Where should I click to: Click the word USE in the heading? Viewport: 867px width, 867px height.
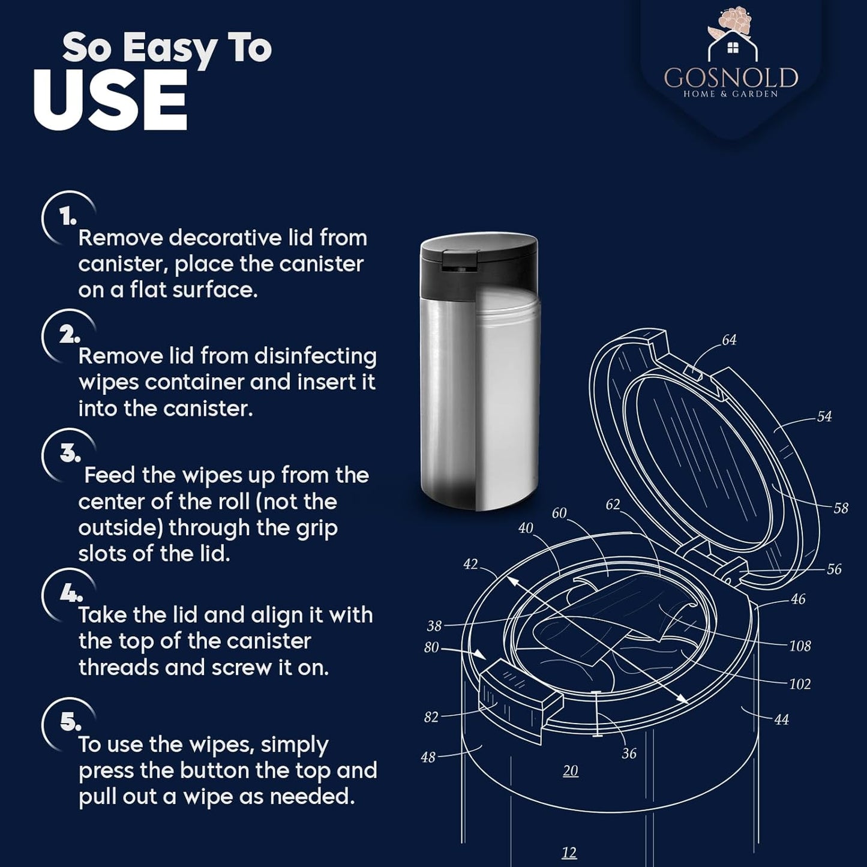(x=110, y=100)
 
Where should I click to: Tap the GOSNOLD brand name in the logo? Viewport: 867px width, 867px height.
(x=731, y=78)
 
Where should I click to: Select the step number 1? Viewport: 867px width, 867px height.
(x=68, y=217)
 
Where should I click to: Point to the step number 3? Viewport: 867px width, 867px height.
(x=70, y=454)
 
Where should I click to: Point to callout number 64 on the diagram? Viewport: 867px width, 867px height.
(x=730, y=340)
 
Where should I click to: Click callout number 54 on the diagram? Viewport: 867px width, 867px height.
(x=824, y=416)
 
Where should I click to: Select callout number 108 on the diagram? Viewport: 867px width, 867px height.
(x=800, y=646)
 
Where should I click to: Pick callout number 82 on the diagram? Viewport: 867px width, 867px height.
(x=431, y=717)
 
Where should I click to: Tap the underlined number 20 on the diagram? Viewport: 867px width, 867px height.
(x=571, y=771)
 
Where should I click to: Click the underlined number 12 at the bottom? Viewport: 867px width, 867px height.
(x=569, y=852)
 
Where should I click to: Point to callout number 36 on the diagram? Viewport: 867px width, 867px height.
(x=629, y=753)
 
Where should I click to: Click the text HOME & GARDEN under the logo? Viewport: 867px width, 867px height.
(x=731, y=94)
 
